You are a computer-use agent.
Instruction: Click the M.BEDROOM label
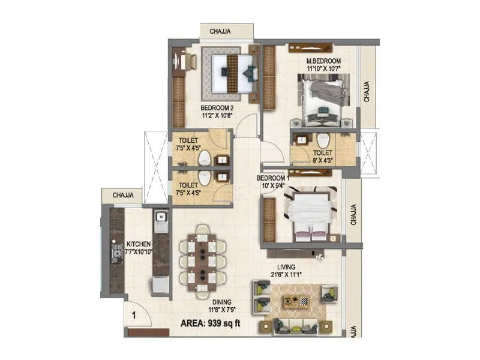coord(324,61)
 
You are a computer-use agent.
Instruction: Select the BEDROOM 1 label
coord(273,178)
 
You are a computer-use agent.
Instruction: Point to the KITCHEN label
coord(139,245)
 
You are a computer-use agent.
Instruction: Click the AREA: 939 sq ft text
coord(220,325)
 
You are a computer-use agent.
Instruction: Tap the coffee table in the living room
coord(296,301)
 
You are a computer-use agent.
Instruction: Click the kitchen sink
coord(161,220)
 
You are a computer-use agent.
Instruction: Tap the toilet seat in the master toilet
coord(324,139)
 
